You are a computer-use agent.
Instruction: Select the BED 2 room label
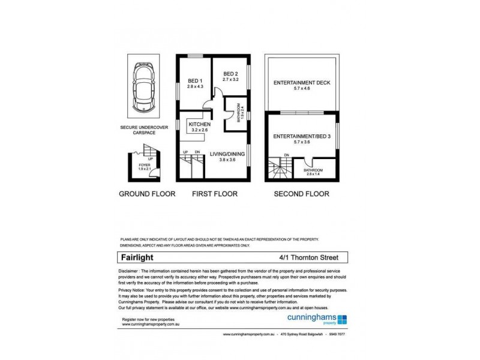231,73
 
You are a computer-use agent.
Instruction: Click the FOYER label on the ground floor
144,164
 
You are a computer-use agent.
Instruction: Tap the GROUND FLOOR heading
147,194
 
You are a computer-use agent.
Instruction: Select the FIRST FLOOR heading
214,194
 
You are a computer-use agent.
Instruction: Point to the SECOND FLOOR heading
301,194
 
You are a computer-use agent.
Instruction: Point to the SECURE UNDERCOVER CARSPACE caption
143,130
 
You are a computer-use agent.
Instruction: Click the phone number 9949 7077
336,334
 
